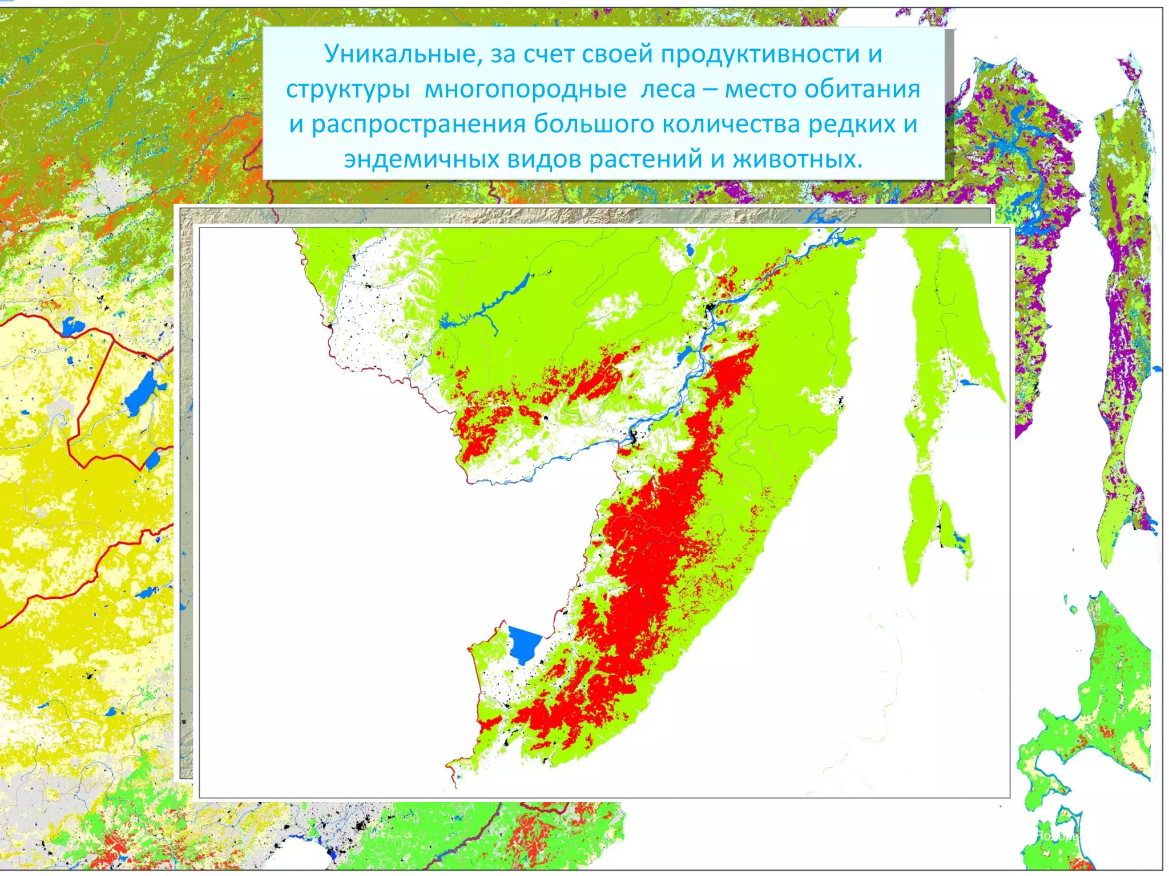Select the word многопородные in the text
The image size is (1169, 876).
(x=525, y=90)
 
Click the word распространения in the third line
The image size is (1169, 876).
(x=418, y=124)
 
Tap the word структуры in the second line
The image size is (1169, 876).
(x=348, y=90)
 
